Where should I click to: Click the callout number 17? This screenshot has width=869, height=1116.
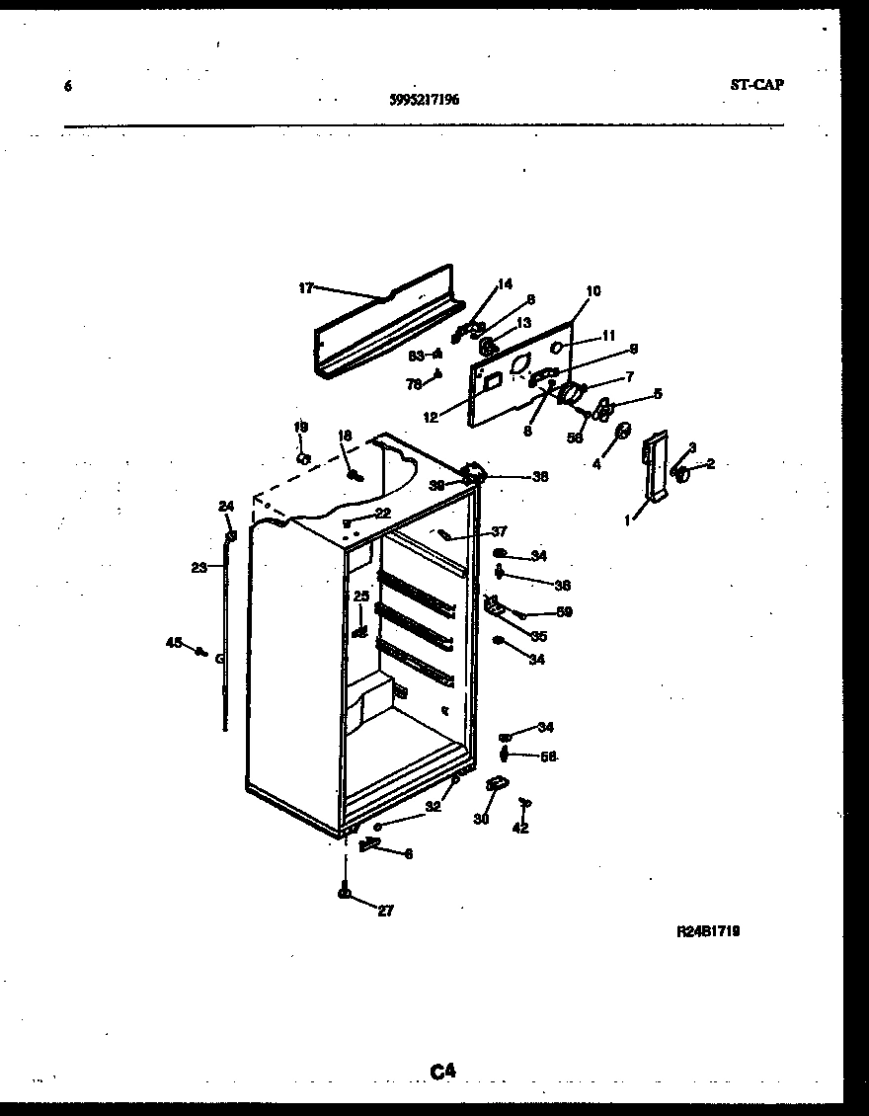pyautogui.click(x=305, y=288)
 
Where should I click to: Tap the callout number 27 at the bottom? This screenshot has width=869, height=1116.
pyautogui.click(x=385, y=911)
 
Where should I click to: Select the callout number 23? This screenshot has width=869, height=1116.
pyautogui.click(x=198, y=567)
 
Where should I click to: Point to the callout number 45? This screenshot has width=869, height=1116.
pyautogui.click(x=174, y=643)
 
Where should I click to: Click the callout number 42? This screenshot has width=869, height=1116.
pyautogui.click(x=520, y=828)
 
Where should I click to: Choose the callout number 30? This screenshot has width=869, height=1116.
pyautogui.click(x=482, y=818)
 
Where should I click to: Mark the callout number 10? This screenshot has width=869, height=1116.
pyautogui.click(x=592, y=291)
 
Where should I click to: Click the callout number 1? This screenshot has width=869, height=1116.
pyautogui.click(x=626, y=519)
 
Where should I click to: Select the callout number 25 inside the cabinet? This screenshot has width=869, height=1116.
pyautogui.click(x=360, y=597)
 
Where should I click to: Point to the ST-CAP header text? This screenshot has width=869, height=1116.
pyautogui.click(x=756, y=85)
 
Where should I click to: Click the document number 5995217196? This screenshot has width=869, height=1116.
pyautogui.click(x=425, y=99)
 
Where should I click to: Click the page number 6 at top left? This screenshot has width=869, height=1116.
pyautogui.click(x=67, y=86)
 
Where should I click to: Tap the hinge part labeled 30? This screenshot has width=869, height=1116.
pyautogui.click(x=496, y=784)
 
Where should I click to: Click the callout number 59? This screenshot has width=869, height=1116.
pyautogui.click(x=564, y=611)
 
